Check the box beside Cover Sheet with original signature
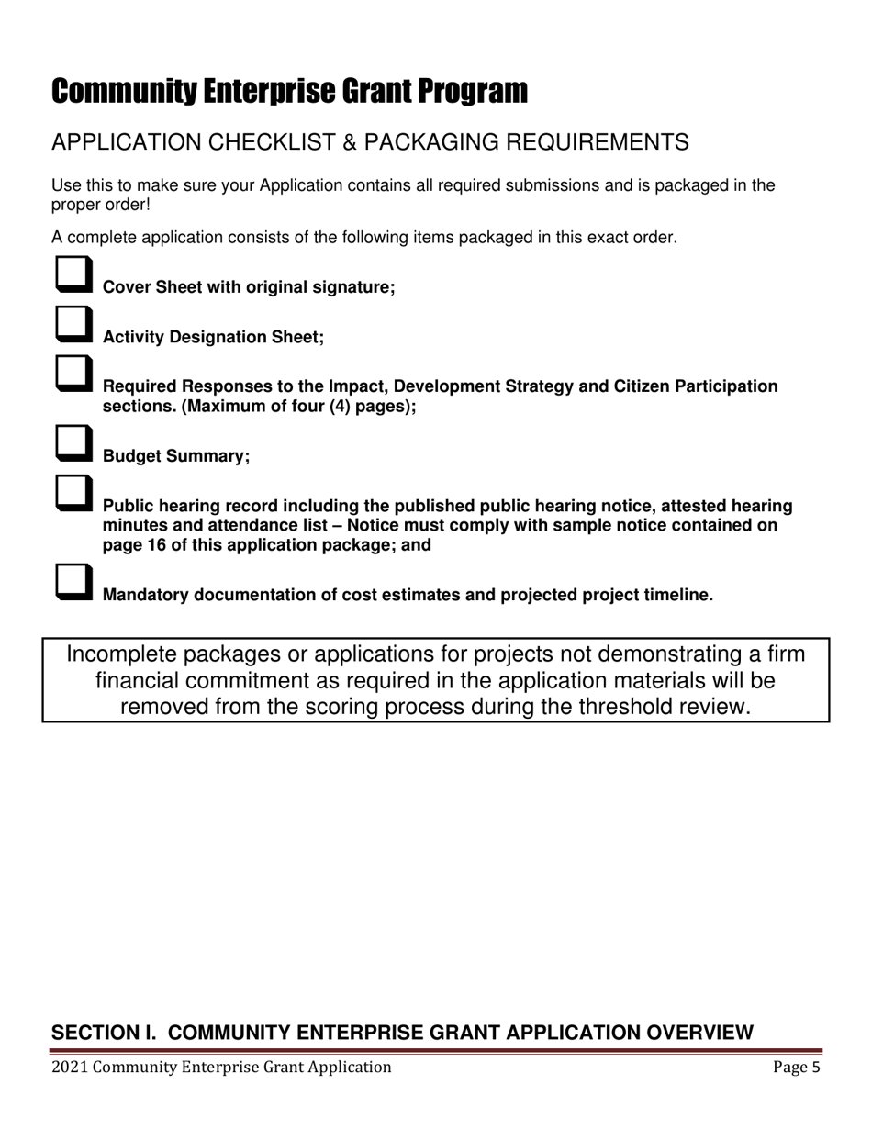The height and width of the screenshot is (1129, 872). (x=73, y=274)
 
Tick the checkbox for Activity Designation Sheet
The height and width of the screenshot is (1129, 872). (x=73, y=323)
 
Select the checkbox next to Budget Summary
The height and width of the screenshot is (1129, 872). (x=73, y=442)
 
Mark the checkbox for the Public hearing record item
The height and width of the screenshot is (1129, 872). (x=73, y=492)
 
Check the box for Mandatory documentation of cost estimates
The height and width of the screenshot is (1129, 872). (x=73, y=581)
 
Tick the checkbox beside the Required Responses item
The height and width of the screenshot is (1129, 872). (x=73, y=373)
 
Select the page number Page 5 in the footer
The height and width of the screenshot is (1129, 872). (x=796, y=1067)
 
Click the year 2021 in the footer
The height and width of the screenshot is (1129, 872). (x=70, y=1067)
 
